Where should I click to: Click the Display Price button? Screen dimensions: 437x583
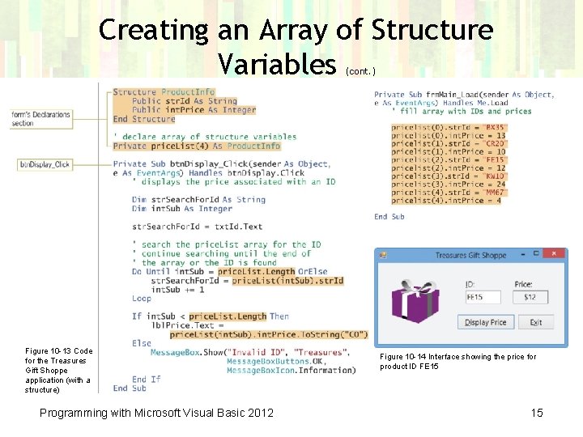point(485,322)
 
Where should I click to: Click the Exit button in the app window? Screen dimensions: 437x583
point(535,322)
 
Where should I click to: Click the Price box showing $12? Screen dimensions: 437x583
point(530,298)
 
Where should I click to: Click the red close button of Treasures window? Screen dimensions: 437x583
point(555,254)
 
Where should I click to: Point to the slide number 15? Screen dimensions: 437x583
point(537,413)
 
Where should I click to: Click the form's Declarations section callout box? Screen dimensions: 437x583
point(40,119)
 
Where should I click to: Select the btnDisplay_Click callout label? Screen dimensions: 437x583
point(45,164)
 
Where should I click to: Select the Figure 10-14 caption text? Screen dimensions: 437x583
point(457,362)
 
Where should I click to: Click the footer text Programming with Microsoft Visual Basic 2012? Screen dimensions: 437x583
point(156,413)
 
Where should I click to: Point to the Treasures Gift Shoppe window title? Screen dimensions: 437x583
point(470,255)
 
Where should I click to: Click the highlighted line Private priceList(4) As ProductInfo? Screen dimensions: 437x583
point(196,146)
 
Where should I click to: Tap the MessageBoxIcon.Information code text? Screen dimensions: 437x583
point(291,371)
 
